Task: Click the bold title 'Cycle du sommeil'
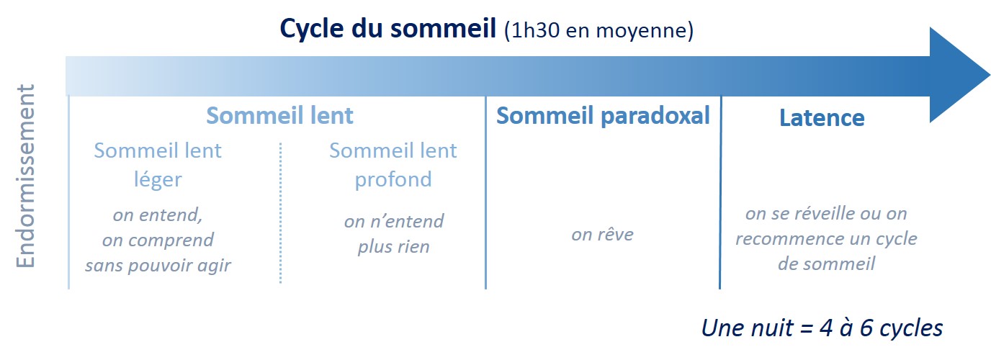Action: (388, 30)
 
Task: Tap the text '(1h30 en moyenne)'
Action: (598, 30)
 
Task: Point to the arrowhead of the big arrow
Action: (959, 75)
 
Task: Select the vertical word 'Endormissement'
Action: (26, 176)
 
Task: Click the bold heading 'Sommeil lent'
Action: (279, 115)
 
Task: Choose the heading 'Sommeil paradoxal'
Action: (603, 115)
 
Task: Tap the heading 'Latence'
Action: (822, 117)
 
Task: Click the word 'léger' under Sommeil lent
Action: (158, 180)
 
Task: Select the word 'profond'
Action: (393, 179)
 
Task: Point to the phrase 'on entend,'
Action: (158, 215)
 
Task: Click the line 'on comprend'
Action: (158, 240)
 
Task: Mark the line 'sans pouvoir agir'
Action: (158, 266)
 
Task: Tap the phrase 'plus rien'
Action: (393, 247)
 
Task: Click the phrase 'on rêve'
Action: (602, 234)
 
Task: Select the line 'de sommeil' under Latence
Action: (826, 264)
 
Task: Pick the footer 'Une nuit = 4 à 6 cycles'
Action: (822, 328)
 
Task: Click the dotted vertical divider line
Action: (280, 212)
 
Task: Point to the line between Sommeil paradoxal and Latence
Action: (720, 192)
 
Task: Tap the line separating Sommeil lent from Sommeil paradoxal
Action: (485, 192)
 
